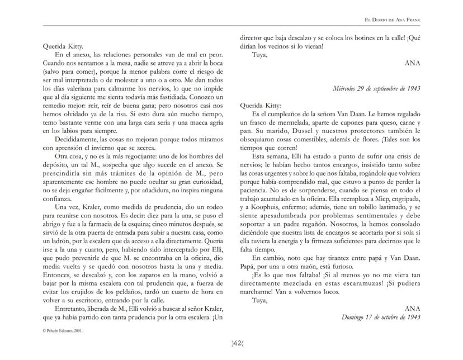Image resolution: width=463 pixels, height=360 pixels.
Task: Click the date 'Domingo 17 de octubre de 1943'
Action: coord(380,317)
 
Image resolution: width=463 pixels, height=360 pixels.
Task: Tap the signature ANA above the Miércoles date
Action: coord(412,64)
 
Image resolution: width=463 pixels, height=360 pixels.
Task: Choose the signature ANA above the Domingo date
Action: coord(412,309)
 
